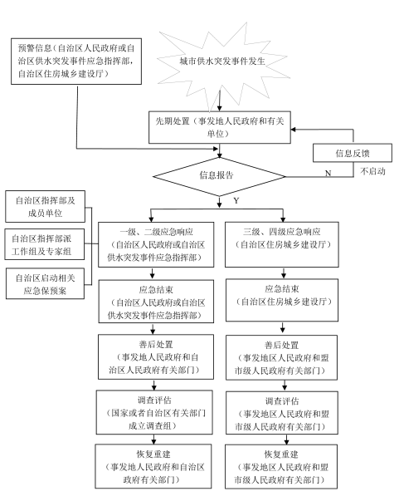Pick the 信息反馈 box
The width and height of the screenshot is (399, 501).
(x=353, y=153)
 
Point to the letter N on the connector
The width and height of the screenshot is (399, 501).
(x=328, y=173)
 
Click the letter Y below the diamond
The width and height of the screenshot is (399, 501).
(x=236, y=201)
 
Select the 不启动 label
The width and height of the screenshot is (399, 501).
(x=372, y=171)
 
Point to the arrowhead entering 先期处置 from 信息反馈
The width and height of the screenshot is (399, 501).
(x=294, y=130)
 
